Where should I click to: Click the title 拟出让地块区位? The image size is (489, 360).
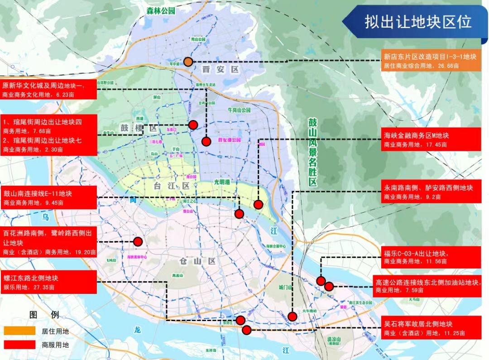(418, 22)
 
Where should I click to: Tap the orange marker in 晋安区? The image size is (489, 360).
(188, 62)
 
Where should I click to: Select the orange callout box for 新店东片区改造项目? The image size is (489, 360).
(430, 61)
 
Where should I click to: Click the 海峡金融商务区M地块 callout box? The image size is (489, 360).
(430, 139)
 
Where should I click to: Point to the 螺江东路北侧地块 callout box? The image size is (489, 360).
(48, 282)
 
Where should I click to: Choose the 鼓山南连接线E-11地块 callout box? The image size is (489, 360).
(48, 197)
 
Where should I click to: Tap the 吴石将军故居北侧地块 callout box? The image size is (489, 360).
(430, 328)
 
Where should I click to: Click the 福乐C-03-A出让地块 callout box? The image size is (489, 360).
(430, 257)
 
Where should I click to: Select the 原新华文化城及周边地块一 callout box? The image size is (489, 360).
(48, 89)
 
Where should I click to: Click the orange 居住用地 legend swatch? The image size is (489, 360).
(19, 331)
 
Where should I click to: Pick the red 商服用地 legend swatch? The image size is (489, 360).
(19, 345)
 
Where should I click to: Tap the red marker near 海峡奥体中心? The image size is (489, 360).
(137, 241)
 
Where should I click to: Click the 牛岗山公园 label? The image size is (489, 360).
(239, 110)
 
